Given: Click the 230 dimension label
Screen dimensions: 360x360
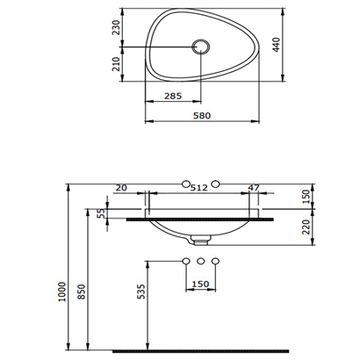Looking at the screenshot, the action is tap(116, 27).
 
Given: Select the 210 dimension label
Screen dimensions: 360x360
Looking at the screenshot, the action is tap(116, 64).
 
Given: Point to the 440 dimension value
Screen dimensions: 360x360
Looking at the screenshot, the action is tap(277, 45).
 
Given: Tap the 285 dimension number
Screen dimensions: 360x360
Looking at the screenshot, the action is tap(173, 96).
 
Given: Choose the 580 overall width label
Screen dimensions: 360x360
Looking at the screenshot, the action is tap(202, 116).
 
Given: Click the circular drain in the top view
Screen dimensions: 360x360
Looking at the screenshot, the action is tap(200, 47).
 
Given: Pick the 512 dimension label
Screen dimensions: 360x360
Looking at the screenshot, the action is tap(199, 188).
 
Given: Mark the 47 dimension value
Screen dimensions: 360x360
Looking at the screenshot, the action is tap(254, 187).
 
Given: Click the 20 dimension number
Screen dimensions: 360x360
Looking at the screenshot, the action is tap(121, 188).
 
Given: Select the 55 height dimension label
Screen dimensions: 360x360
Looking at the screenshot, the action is tap(101, 213).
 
